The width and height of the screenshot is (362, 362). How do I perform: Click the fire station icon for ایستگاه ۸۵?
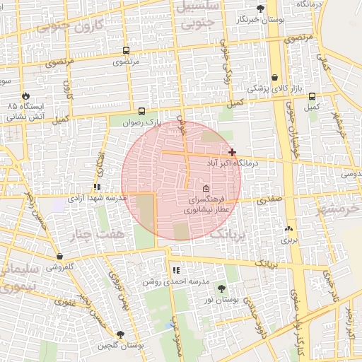click(x=27, y=95)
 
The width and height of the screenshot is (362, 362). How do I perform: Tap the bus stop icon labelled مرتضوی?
click(x=126, y=51)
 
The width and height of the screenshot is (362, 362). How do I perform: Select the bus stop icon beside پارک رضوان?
click(x=141, y=111)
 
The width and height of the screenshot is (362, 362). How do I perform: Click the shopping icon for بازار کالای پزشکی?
click(x=274, y=78)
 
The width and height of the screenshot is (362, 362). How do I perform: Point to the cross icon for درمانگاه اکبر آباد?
click(x=232, y=152)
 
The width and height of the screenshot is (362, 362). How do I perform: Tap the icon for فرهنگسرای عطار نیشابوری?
click(x=206, y=189)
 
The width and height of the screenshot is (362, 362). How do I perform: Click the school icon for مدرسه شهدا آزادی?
click(x=96, y=187)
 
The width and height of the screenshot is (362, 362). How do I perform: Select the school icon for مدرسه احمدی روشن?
click(x=175, y=270)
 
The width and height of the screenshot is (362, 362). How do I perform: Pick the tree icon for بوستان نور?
click(x=223, y=288)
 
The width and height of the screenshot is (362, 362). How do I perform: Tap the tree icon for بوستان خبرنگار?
click(x=261, y=8)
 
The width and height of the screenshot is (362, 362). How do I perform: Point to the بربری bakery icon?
click(x=288, y=229)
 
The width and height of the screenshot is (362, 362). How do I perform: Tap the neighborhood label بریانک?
click(x=230, y=234)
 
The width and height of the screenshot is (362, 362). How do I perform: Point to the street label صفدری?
click(x=269, y=199)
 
